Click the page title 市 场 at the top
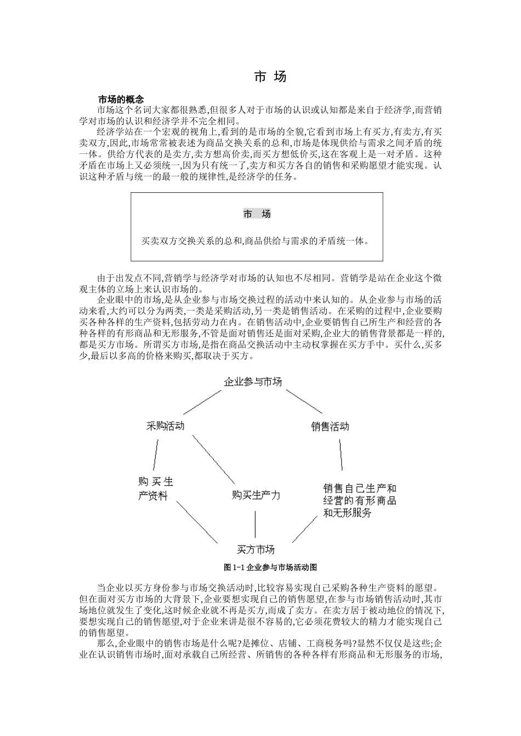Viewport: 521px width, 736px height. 270,77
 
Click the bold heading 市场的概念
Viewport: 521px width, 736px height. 121,100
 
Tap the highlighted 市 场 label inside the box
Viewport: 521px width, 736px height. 257,214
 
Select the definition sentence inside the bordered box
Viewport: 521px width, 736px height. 256,240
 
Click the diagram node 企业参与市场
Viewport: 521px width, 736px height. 253,382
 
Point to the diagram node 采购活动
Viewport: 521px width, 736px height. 165,426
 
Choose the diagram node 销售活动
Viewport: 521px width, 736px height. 330,427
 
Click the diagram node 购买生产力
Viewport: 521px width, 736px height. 256,496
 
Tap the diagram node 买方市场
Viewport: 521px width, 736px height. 256,549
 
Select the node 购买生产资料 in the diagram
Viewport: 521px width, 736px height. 155,488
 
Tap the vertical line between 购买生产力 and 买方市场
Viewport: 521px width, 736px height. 254,524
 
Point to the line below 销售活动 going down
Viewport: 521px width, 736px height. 340,455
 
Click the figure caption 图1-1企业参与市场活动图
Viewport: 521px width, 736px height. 270,567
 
